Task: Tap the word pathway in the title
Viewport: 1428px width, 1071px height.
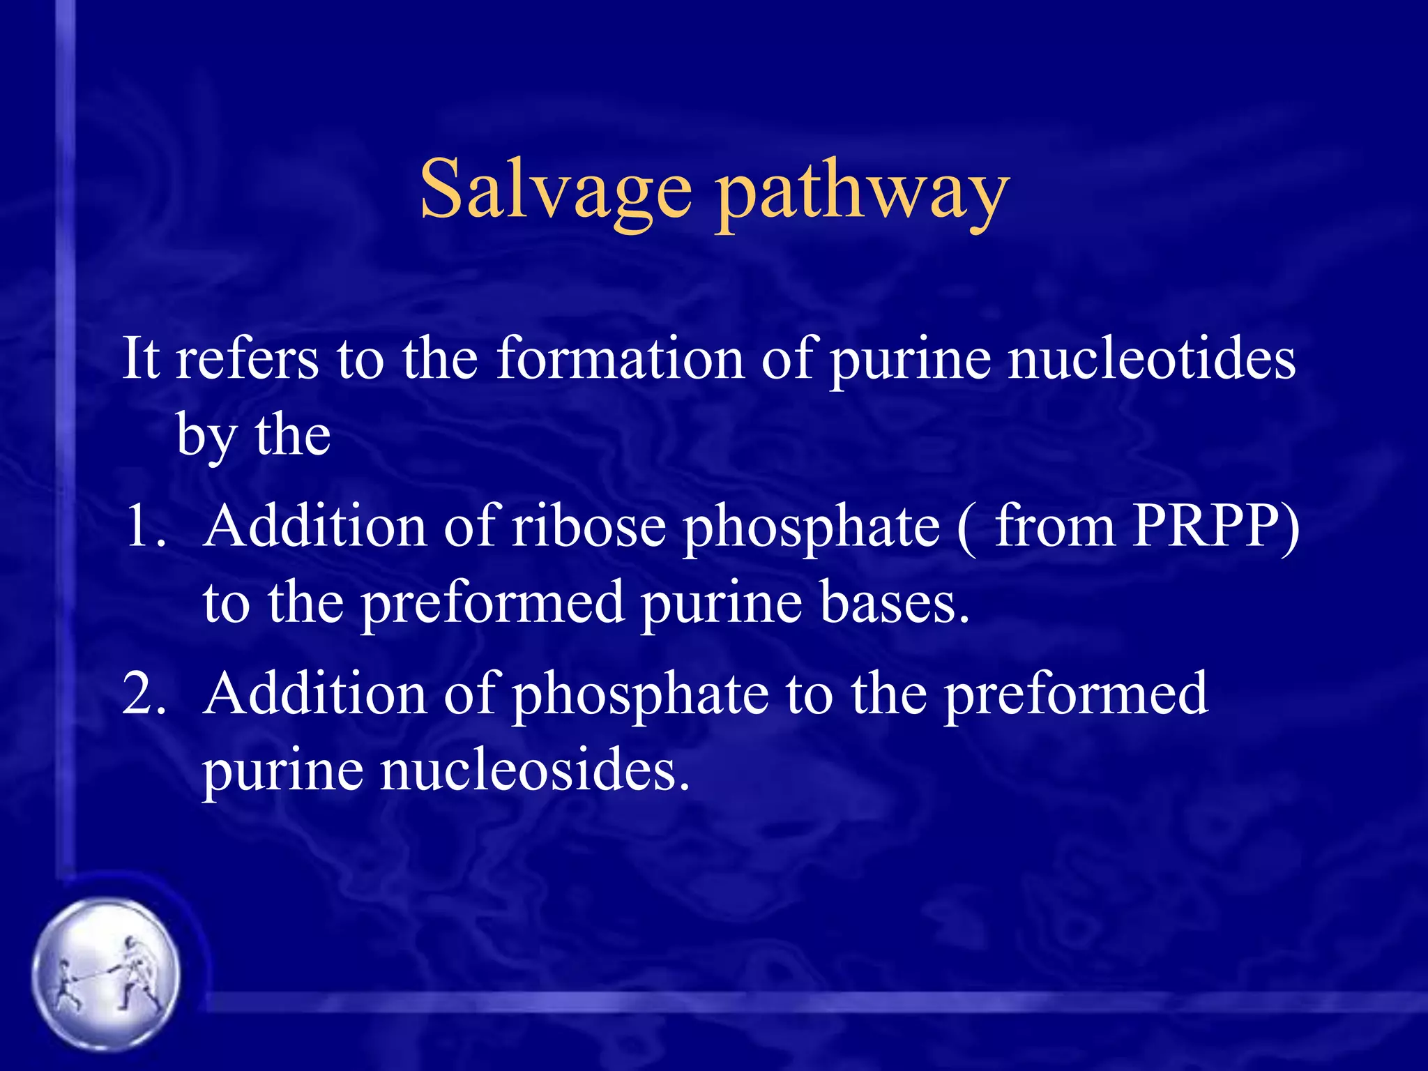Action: pos(863,192)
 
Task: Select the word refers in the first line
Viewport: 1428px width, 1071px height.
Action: pos(247,358)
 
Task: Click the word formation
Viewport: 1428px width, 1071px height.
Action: pos(620,358)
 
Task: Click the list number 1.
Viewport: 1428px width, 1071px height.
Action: pos(142,526)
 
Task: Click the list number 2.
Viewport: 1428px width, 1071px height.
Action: pos(144,693)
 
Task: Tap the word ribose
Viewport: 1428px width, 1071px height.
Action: pos(589,526)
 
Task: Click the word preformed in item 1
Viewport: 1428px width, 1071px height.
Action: pos(492,604)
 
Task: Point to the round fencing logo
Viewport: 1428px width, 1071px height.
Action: pos(106,973)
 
